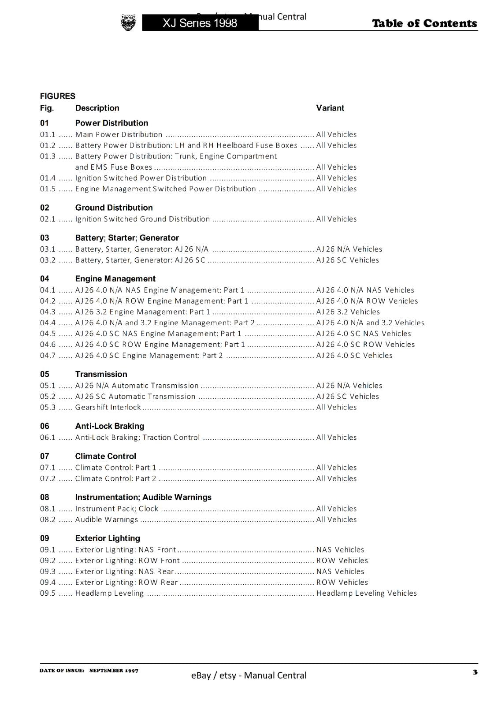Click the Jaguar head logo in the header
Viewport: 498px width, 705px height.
128,22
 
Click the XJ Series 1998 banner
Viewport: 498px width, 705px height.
200,23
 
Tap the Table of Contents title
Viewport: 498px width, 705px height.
424,23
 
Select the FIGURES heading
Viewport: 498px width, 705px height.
58,96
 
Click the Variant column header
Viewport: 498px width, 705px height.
330,108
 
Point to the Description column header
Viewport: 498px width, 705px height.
97,108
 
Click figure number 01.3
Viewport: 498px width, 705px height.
48,156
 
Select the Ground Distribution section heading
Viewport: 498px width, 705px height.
114,208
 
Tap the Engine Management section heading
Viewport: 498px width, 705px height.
115,278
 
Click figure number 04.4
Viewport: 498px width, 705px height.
48,323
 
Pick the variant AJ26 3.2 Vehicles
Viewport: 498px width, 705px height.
348,312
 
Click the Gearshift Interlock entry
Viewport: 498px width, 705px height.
108,407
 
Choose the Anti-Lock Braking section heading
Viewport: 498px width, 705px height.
109,426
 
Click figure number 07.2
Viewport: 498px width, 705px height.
48,478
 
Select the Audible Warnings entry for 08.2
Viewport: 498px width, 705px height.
107,519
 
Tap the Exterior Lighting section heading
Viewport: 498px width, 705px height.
108,538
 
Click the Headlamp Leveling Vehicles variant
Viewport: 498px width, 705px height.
366,593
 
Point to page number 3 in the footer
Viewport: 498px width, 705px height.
475,672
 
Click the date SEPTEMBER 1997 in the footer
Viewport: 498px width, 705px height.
114,671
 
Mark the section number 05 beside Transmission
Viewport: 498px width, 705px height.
45,374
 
